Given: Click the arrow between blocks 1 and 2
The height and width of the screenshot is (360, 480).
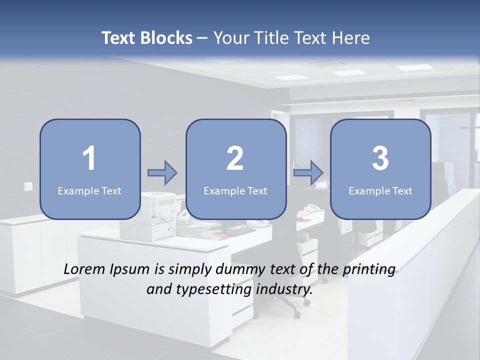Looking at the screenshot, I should point(162,173).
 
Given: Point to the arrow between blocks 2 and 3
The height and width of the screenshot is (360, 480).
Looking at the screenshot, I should point(308,173).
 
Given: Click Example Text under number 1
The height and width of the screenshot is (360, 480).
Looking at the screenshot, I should point(89,190).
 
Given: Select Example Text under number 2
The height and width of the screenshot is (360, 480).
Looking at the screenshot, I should point(235,190).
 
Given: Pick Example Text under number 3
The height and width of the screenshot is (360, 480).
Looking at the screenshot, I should point(380,190).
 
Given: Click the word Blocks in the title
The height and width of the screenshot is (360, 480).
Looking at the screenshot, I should point(166,38).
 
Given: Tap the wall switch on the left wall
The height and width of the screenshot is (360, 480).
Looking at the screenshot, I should point(28,186).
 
